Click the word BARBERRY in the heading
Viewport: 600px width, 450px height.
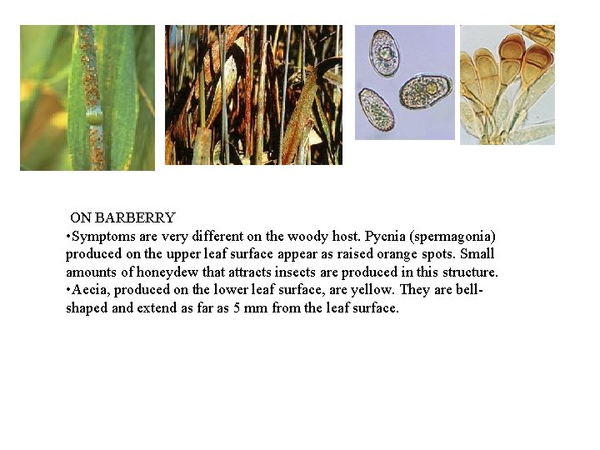[x=135, y=218]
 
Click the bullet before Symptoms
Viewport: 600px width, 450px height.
[x=67, y=237]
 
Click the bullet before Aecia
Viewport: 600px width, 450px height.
[x=67, y=290]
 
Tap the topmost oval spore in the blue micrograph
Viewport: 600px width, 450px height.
[x=385, y=52]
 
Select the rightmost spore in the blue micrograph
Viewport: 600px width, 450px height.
[x=426, y=91]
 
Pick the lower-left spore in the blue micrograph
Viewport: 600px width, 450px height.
[x=377, y=108]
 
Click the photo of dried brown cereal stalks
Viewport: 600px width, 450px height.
[x=253, y=95]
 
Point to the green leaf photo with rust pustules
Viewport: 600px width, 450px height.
[x=87, y=97]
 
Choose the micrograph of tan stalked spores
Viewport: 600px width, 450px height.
[x=507, y=84]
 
